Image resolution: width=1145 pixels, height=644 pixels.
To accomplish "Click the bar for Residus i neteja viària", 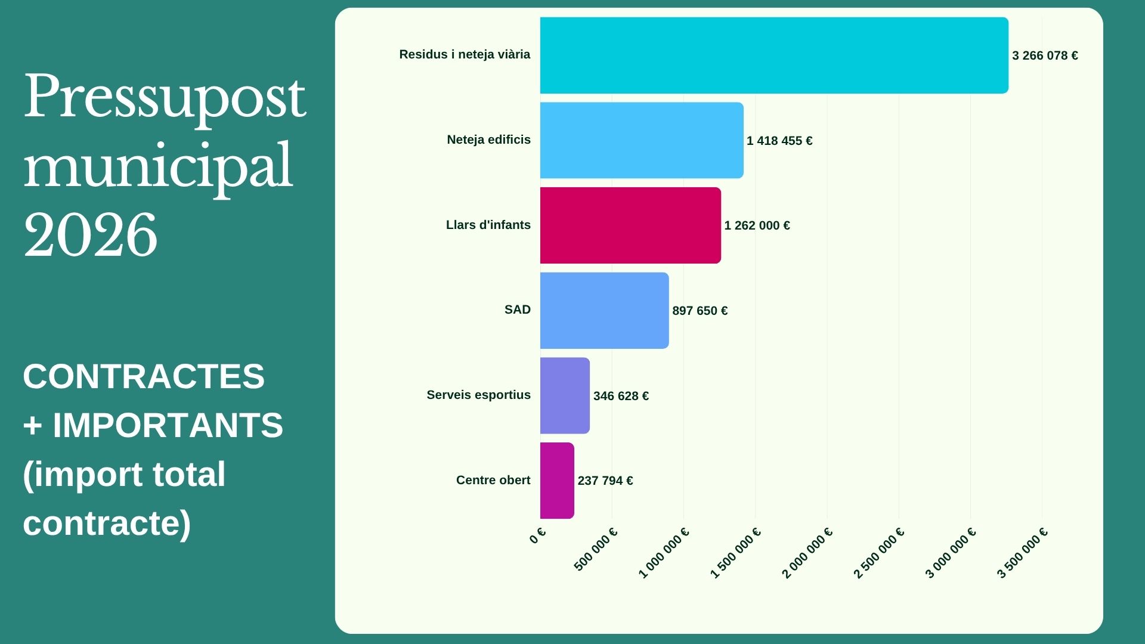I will click(x=774, y=55).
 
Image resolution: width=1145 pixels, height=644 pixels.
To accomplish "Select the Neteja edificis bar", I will click(x=642, y=140).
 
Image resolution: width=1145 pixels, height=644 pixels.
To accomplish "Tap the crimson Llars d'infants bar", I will click(x=630, y=225).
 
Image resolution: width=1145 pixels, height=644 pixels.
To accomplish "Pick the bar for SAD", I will click(x=604, y=311).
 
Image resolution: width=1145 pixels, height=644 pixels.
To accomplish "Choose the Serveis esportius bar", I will click(x=565, y=395).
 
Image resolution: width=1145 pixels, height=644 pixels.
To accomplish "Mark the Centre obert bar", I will click(x=557, y=481).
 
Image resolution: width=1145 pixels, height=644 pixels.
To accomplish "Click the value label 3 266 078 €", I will click(x=1045, y=55).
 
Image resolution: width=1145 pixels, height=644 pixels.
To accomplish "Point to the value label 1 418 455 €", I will click(x=779, y=141).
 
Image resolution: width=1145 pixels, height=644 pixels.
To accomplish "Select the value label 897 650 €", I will click(x=700, y=311).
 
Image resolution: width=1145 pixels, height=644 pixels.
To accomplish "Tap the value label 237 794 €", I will click(x=605, y=481).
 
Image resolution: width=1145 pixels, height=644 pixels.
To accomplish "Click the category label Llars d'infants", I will click(x=488, y=225).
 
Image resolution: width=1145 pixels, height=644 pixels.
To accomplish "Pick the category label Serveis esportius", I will click(x=478, y=395).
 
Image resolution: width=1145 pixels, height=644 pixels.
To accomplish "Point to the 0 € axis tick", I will click(x=537, y=535).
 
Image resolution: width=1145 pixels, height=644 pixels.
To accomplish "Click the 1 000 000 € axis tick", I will click(x=664, y=553).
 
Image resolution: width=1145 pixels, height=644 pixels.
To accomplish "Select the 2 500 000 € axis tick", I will click(x=879, y=553).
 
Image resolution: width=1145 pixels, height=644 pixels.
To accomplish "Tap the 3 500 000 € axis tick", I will click(x=1022, y=553).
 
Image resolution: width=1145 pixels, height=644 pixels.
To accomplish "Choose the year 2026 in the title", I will click(x=91, y=235).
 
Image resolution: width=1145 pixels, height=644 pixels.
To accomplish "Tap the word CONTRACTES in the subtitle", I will click(x=144, y=376).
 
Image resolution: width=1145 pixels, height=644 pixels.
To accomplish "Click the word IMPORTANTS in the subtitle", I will click(x=168, y=425).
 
